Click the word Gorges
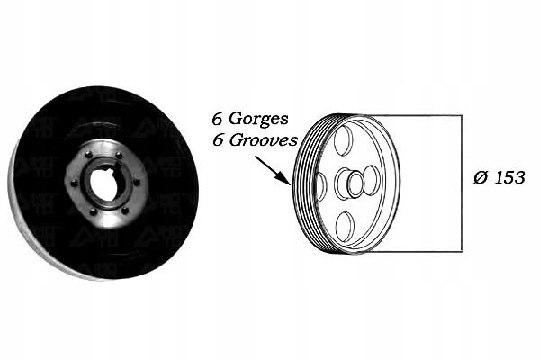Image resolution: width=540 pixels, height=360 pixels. (262, 119)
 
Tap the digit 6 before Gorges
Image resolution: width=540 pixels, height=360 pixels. (216, 118)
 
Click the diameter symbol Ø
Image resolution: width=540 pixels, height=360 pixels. (481, 177)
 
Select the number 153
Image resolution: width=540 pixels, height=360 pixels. (509, 177)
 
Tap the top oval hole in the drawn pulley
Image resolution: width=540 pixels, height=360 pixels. (343, 140)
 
